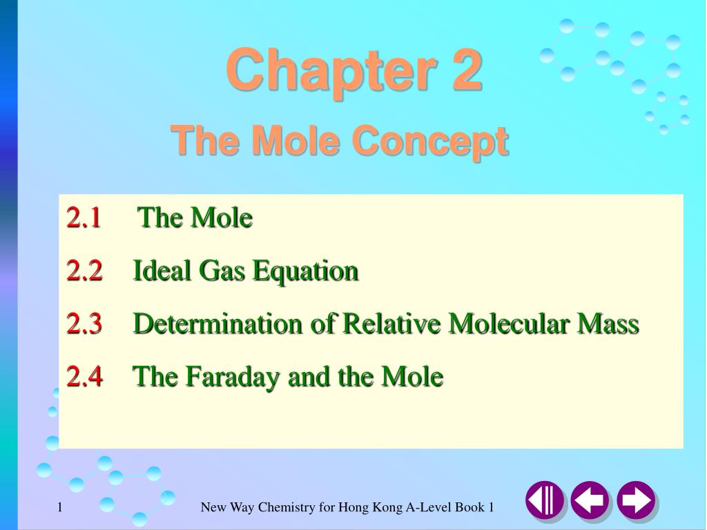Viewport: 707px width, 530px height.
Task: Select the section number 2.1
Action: (x=84, y=218)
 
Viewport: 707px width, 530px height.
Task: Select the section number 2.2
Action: (x=84, y=271)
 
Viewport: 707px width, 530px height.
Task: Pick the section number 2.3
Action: (x=84, y=324)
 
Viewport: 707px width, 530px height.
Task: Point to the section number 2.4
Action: (x=84, y=377)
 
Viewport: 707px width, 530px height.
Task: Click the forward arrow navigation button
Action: (x=636, y=500)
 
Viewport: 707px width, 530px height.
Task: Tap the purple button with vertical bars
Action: (x=544, y=500)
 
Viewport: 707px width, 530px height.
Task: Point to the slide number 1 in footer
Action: (x=60, y=508)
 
